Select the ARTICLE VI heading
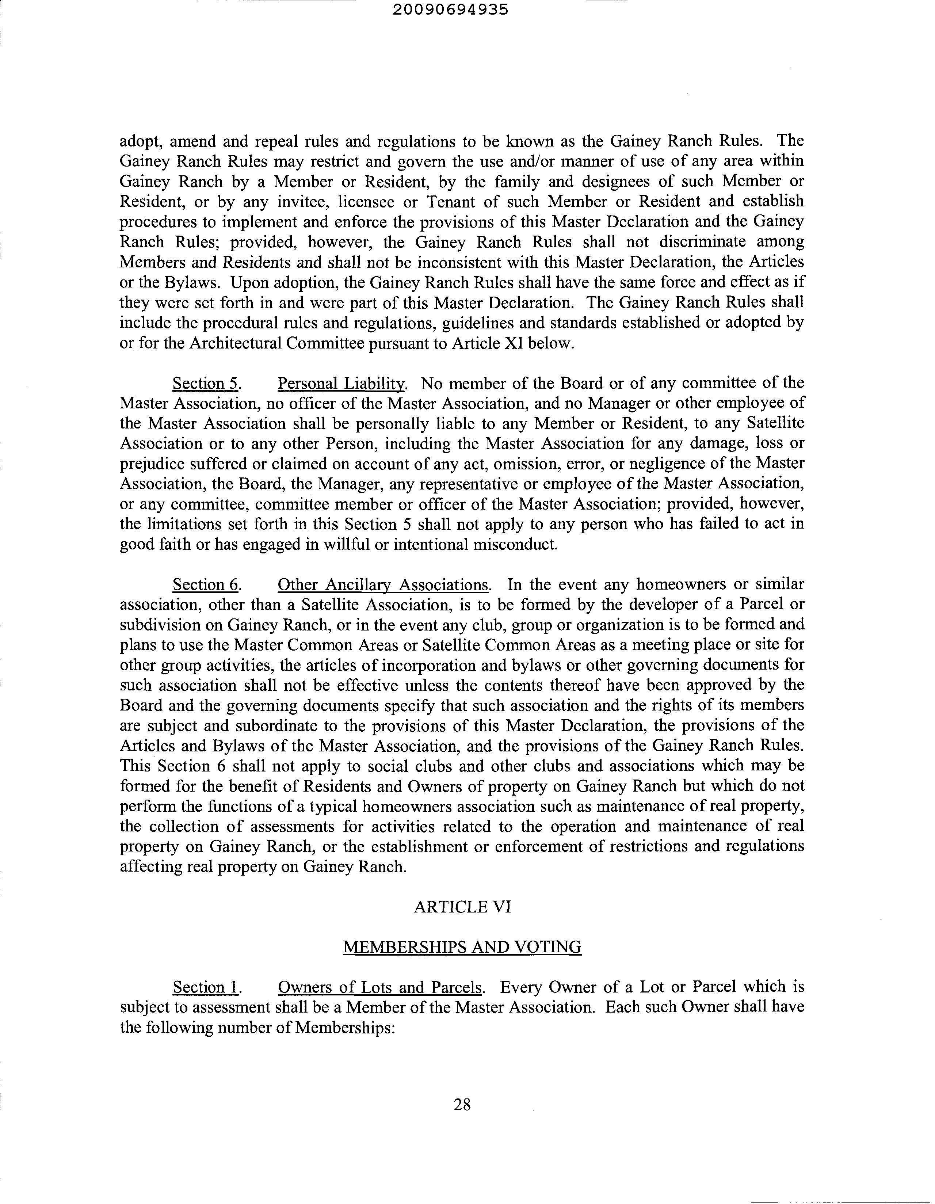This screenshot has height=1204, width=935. click(x=462, y=907)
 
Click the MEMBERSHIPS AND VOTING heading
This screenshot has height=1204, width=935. click(x=462, y=947)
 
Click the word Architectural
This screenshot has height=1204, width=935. click(x=237, y=343)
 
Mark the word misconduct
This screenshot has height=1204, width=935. click(x=513, y=545)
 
